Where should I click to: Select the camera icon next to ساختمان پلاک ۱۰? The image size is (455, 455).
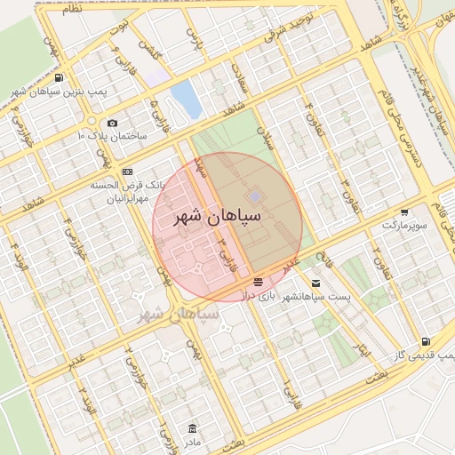coord(112,124)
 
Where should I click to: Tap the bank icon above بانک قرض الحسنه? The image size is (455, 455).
coord(128,172)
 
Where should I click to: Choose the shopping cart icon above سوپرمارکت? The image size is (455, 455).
coord(405,213)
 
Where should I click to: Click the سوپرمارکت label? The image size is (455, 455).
coord(405,226)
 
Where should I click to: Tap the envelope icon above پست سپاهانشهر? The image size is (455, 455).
coord(316,283)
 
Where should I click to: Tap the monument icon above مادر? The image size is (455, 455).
coord(193,428)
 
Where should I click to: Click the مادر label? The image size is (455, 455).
coord(193,441)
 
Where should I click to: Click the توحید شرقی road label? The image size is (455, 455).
coord(294,29)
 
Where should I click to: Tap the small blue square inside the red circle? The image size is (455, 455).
coord(255,196)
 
